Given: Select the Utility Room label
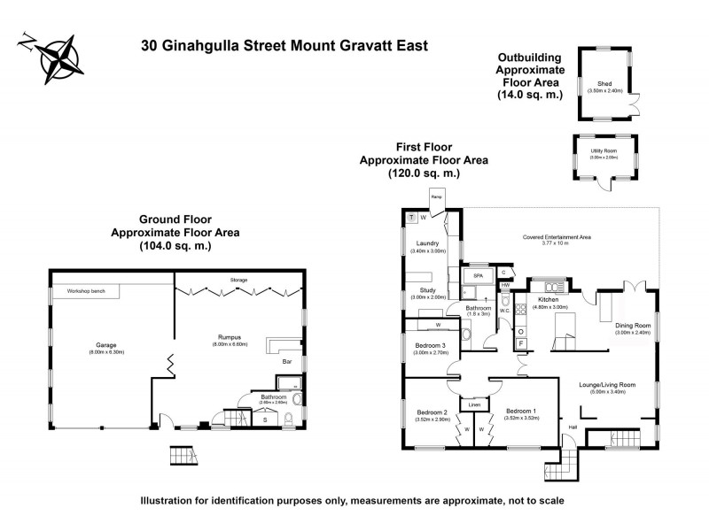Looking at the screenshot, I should [604, 151].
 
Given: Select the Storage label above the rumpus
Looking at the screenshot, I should [238, 281].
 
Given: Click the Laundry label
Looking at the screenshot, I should [425, 243].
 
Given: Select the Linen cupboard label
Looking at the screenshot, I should [474, 404].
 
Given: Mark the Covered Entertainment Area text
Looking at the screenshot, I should [555, 238].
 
